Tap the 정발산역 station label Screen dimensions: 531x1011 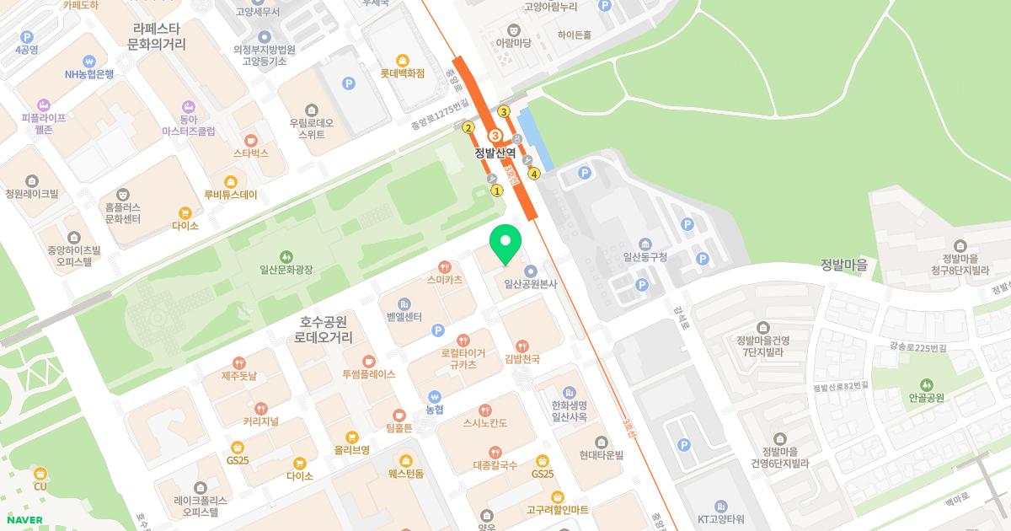coord(495,153)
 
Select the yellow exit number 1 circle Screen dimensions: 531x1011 coord(497,190)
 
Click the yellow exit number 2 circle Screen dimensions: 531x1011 coord(468,128)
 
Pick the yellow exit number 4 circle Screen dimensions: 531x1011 coord(534,174)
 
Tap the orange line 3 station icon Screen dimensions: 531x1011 coord(495,136)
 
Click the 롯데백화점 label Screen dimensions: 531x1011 coord(402,73)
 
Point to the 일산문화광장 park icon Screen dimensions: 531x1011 coord(286,255)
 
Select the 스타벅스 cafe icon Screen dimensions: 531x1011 coord(250,140)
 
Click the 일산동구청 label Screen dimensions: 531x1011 coord(645,257)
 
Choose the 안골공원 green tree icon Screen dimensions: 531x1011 coord(927,384)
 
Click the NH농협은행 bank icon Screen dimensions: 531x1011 coord(89,61)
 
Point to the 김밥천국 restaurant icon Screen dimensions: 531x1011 coord(522,346)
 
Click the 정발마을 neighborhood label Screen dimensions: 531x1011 coord(844,265)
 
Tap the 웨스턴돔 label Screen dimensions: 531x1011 coord(406,473)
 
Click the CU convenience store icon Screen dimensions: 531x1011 coord(40,474)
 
